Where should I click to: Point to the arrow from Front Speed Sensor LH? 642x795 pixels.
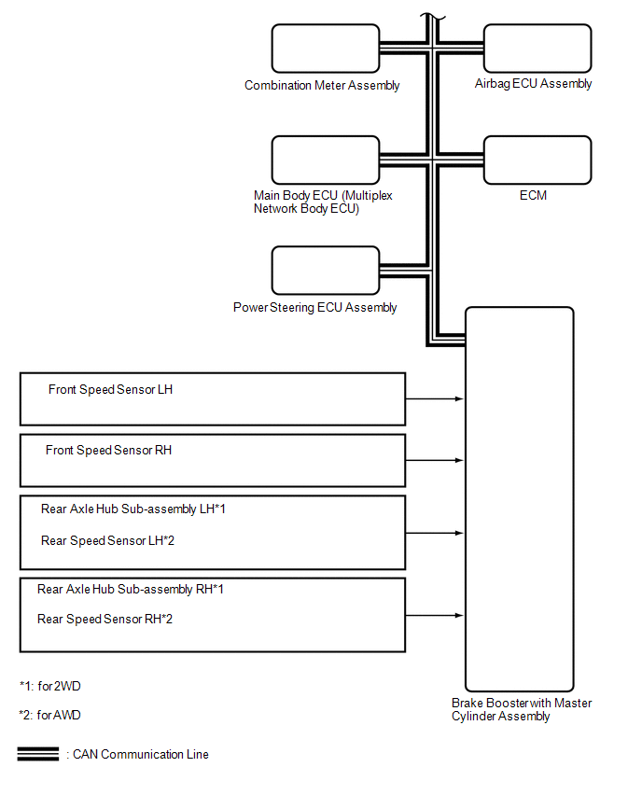(x=435, y=399)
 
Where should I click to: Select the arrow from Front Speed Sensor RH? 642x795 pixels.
(x=435, y=460)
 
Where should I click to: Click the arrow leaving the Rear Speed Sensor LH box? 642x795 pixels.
(x=435, y=533)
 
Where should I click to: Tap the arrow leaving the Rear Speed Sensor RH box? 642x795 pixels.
(x=435, y=616)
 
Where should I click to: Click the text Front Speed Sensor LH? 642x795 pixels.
(x=110, y=389)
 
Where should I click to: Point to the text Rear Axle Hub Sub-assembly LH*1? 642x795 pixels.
(x=133, y=509)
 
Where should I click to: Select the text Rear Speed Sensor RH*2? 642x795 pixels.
(x=105, y=619)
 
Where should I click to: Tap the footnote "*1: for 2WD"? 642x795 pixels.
(x=50, y=686)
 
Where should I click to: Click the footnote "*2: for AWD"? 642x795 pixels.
(x=49, y=715)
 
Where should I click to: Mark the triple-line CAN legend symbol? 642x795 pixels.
(x=38, y=754)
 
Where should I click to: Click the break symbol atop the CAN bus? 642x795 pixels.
(x=433, y=19)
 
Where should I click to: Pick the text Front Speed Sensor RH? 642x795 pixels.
(x=108, y=451)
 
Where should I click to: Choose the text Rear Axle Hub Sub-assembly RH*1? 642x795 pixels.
(x=131, y=589)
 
